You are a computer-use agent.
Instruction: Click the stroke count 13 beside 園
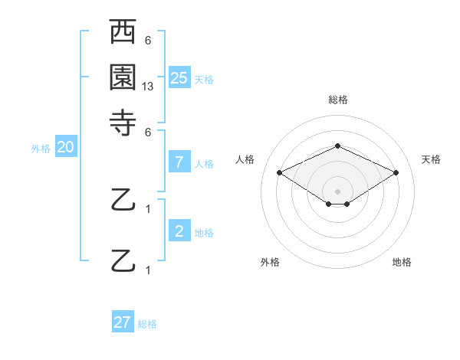click(x=148, y=87)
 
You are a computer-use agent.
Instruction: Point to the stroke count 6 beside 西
click(x=148, y=41)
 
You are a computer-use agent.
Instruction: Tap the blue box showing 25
click(x=179, y=77)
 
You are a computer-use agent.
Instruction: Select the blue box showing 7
click(x=179, y=162)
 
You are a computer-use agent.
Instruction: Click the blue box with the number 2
click(x=179, y=231)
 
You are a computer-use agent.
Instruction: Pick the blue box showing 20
click(x=65, y=148)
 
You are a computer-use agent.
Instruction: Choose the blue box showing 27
click(x=123, y=322)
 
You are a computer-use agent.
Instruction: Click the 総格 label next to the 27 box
click(x=147, y=324)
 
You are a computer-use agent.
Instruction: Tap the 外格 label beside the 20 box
click(x=41, y=149)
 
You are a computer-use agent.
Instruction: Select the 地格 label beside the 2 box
click(x=204, y=233)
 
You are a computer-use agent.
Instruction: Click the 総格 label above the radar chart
click(x=337, y=100)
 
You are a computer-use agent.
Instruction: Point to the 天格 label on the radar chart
click(x=431, y=159)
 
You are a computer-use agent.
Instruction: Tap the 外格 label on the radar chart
click(x=270, y=262)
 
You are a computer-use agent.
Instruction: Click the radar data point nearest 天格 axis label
click(x=396, y=173)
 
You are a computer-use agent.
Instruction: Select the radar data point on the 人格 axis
click(x=279, y=173)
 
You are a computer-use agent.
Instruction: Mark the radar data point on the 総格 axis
click(x=337, y=146)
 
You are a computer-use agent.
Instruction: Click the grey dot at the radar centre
click(x=337, y=191)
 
